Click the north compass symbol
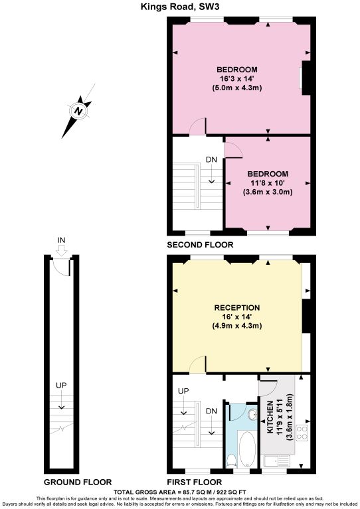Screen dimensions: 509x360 78,111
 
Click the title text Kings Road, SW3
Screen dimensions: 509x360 179,7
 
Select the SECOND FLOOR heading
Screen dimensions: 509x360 200,245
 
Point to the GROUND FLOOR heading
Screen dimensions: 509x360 78,482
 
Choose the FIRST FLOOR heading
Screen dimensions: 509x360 195,482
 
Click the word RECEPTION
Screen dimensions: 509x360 236,308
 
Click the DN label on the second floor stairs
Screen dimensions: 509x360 211,160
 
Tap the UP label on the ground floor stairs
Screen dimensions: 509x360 60,385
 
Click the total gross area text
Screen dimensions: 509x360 179,492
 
